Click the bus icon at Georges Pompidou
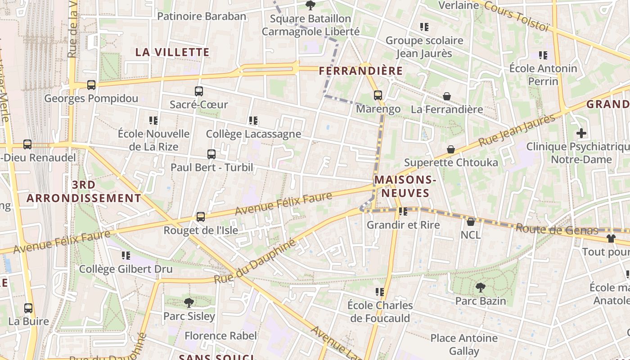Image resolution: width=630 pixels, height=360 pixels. coord(91,85)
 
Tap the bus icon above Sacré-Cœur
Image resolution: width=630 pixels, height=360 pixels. coord(199,91)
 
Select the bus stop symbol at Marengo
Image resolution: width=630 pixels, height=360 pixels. coord(378,95)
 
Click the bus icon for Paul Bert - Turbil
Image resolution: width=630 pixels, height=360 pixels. coord(211,154)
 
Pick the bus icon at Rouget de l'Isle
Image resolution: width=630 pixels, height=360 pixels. coord(201,217)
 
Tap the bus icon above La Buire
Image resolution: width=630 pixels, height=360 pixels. coord(28,308)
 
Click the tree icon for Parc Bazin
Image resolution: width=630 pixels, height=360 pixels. coord(481,287)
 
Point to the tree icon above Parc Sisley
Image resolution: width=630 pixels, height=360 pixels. coord(189,302)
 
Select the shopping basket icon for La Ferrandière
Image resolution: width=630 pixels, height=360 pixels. coord(447,96)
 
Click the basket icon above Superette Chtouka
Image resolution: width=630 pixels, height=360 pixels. coord(451,149)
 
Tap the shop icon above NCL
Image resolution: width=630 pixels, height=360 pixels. coord(471,221)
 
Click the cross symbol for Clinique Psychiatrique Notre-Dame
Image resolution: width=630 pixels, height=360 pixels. coord(581,133)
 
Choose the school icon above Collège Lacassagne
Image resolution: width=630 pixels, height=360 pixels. coord(253,121)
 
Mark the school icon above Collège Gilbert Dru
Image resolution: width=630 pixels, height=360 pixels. coord(126,256)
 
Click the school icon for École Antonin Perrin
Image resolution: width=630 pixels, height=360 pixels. coord(543,55)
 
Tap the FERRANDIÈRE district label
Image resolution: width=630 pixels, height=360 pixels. coord(361,71)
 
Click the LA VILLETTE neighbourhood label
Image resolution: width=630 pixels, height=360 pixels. coord(172,52)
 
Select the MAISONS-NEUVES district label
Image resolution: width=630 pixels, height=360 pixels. coord(405,186)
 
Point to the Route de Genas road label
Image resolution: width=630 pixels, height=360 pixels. coord(557,229)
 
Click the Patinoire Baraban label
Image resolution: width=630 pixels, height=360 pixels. coord(202,17)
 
